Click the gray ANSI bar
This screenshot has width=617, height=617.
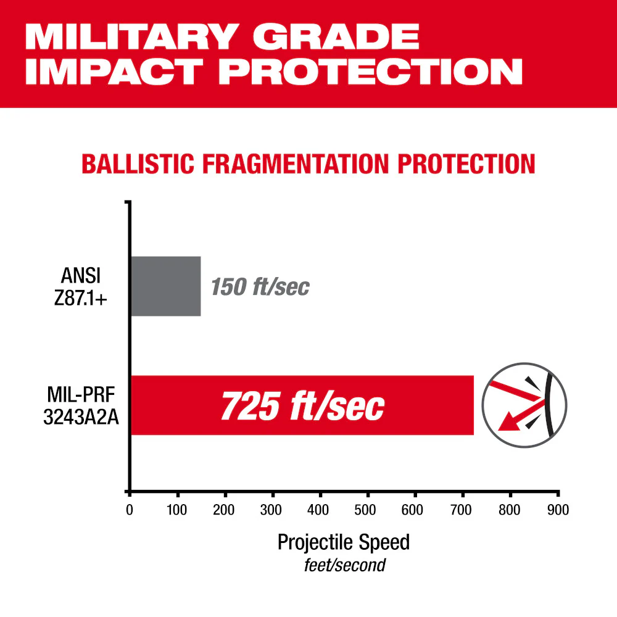[x=166, y=286]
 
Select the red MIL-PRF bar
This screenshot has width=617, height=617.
[x=302, y=405]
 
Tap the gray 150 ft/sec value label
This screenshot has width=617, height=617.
[x=260, y=287]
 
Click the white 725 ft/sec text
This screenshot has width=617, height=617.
[x=302, y=405]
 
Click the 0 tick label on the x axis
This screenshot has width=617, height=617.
[x=130, y=510]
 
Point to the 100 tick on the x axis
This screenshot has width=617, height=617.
[x=178, y=510]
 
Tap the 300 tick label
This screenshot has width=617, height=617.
[x=272, y=510]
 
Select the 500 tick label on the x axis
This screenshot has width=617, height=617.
[x=367, y=510]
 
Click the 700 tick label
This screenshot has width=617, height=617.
[x=462, y=510]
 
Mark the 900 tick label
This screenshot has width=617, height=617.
[x=557, y=510]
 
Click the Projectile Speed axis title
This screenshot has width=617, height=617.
[x=344, y=542]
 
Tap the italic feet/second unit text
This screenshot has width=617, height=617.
[x=344, y=565]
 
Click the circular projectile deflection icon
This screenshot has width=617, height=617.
[x=524, y=405]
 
